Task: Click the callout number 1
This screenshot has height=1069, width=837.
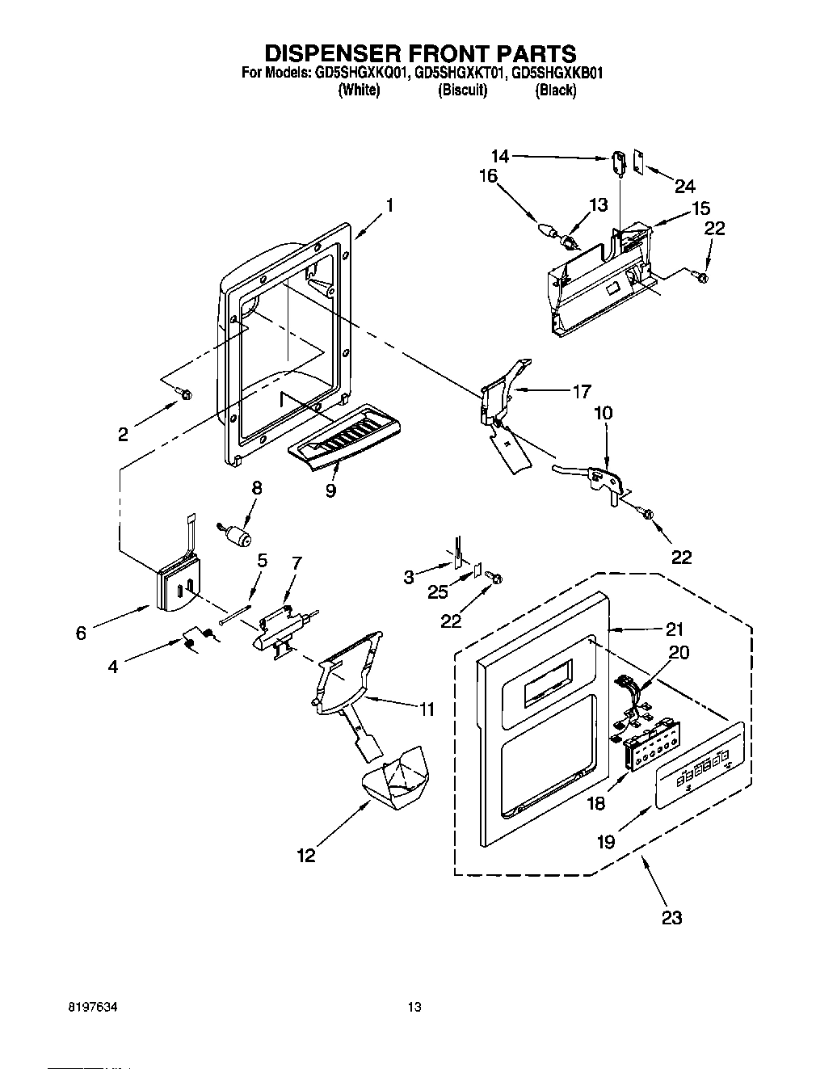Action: point(389,205)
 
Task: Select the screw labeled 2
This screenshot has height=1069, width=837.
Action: point(185,394)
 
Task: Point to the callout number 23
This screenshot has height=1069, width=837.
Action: point(671,917)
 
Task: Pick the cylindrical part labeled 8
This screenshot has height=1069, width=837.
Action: point(238,535)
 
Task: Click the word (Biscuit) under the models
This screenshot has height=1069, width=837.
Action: point(462,90)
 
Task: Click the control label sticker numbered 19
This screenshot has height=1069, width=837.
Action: point(699,776)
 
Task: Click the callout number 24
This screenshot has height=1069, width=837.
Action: point(684,186)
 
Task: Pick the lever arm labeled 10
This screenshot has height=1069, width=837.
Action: point(590,477)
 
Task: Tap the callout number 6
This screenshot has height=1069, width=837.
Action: point(81,633)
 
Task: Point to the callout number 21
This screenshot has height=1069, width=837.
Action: point(674,629)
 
